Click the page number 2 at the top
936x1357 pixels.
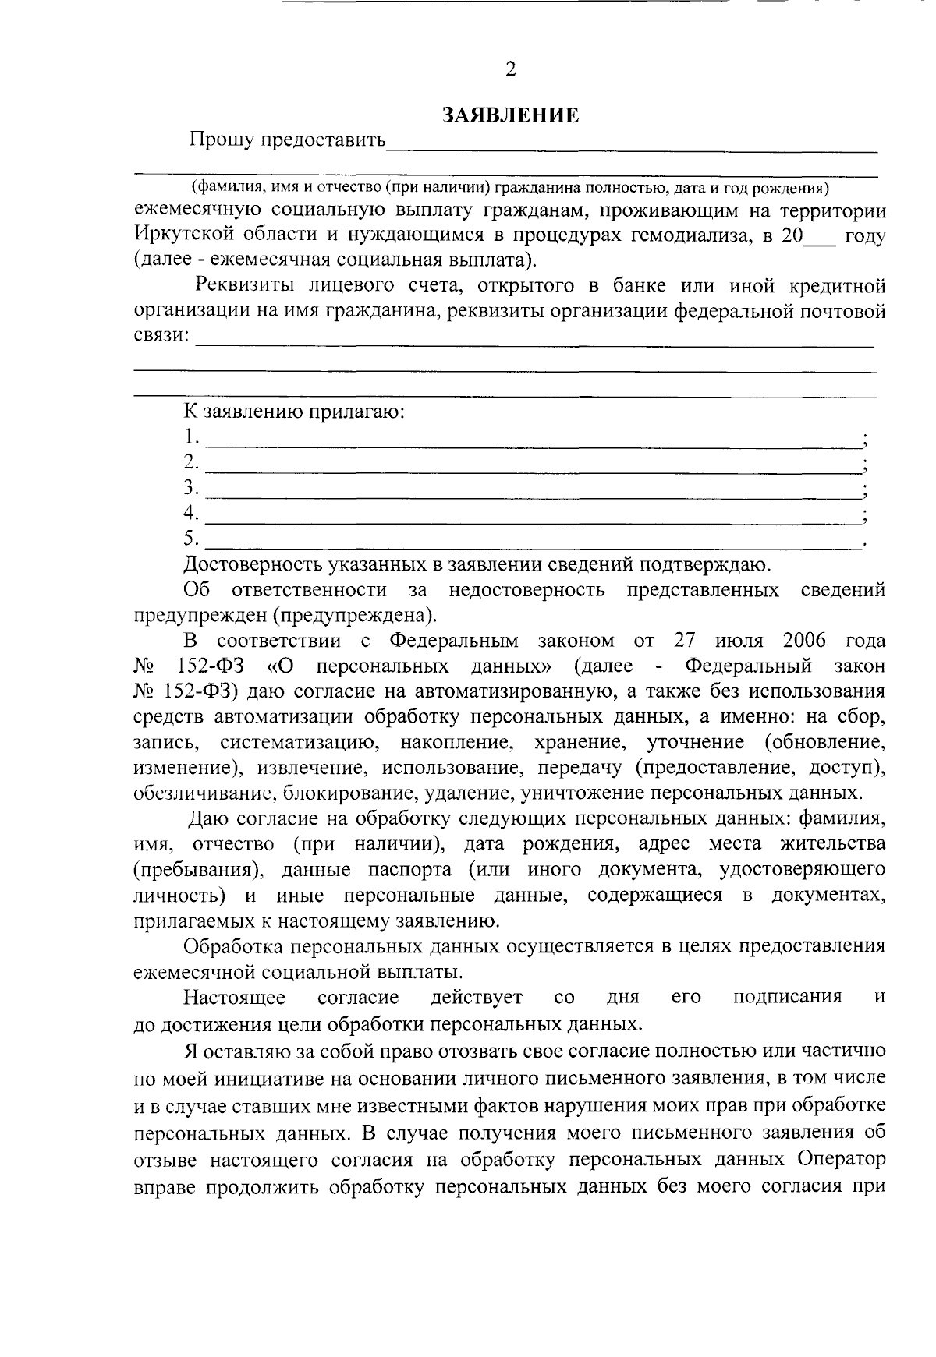coord(510,70)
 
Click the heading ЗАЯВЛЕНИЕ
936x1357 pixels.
coord(510,115)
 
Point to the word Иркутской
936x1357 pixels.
coord(181,235)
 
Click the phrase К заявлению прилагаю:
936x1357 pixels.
coord(294,411)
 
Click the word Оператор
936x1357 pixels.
coord(841,1159)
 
